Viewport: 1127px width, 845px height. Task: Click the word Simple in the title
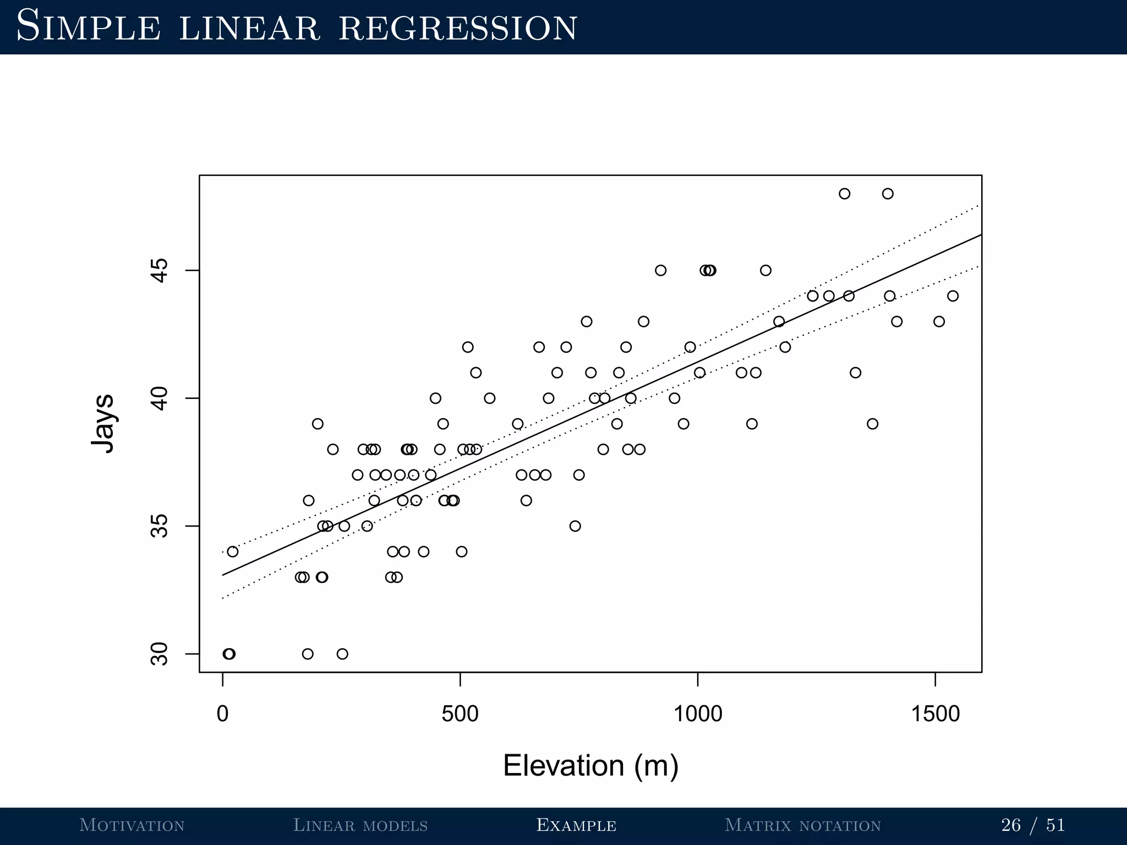[x=89, y=27]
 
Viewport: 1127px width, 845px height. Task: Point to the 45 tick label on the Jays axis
[x=159, y=271]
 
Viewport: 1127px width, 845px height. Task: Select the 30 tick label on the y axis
[x=159, y=654]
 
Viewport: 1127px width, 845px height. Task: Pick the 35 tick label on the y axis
[x=159, y=526]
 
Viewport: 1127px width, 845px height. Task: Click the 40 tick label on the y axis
[x=159, y=398]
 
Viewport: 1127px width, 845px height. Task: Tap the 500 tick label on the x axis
[x=460, y=714]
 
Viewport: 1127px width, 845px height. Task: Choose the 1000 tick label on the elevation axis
[x=698, y=714]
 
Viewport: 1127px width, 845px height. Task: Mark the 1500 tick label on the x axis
[x=935, y=714]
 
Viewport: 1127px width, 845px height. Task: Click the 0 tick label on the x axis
[x=222, y=714]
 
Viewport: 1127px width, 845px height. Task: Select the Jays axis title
[x=103, y=424]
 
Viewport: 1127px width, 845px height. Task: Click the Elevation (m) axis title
[x=590, y=765]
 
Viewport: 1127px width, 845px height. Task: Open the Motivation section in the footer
[x=132, y=825]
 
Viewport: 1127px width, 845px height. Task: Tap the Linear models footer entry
[x=360, y=825]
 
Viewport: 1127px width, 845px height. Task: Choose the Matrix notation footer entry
[x=803, y=825]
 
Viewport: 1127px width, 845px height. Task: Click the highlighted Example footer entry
[x=576, y=825]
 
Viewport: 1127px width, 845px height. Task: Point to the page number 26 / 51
[x=1033, y=825]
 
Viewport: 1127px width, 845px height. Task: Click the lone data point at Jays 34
[x=233, y=551]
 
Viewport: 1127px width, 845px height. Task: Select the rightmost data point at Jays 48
[x=888, y=194]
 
